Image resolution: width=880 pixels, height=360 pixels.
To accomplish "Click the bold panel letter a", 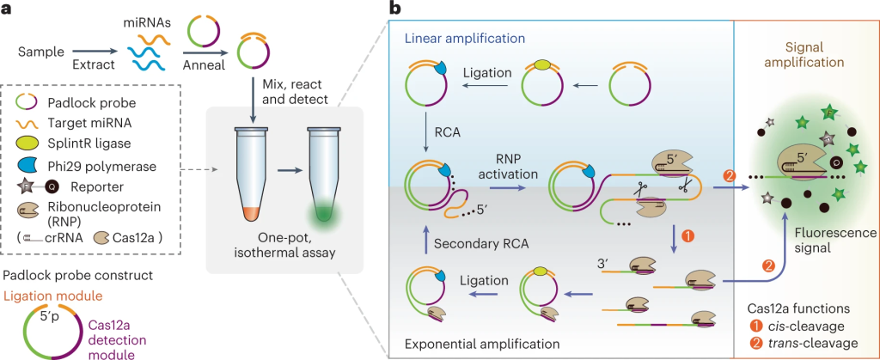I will (9, 9).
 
